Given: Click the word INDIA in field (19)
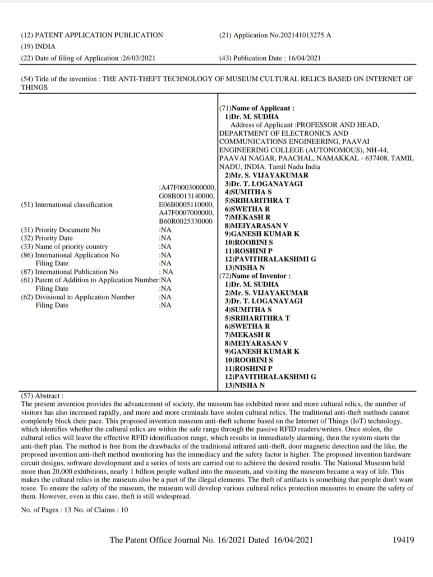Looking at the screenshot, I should coord(45,46).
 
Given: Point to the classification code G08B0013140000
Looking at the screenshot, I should coord(186,196).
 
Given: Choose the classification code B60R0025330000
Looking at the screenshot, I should coord(185,221).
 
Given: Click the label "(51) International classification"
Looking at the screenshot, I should coord(67,205).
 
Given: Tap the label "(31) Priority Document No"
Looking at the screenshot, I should coord(60,230).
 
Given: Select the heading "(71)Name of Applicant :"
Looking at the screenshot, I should coord(257,108).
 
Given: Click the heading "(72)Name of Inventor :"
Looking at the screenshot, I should coord(255,276).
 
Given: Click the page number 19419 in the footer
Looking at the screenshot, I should coord(403,540).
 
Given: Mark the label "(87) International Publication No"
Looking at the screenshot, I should coord(69,272).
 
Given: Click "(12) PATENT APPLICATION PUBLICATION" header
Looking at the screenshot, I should coord(92,35).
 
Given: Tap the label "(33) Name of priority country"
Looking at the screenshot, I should coord(64,247).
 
